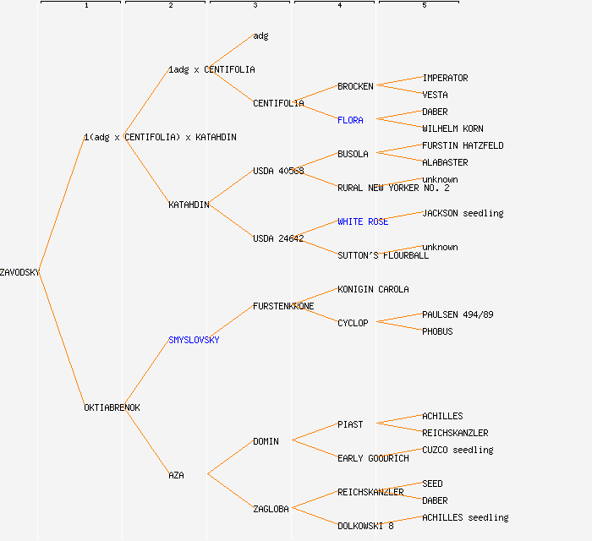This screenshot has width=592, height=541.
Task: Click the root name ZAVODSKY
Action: tap(19, 272)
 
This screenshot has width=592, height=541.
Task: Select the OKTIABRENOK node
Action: tap(112, 407)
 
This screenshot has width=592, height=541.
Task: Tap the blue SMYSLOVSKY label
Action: tap(194, 340)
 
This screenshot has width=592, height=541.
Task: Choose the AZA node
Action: tap(176, 475)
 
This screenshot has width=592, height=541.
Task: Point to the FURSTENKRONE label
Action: tap(283, 306)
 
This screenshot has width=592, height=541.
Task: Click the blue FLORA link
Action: tap(350, 120)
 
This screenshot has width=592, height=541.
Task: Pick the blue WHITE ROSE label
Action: tap(363, 221)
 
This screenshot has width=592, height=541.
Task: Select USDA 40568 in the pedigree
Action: tap(278, 171)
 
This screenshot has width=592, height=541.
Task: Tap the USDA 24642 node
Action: tap(278, 238)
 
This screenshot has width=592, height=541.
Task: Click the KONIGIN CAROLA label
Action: tap(373, 289)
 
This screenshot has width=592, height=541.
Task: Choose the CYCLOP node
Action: tap(353, 323)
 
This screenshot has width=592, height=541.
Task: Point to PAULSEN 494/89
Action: tap(458, 314)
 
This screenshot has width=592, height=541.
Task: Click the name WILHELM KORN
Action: tap(452, 128)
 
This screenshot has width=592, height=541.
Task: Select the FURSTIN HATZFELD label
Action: tap(463, 145)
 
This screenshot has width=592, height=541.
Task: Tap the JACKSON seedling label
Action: tap(463, 213)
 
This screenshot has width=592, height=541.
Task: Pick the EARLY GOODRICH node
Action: tap(373, 458)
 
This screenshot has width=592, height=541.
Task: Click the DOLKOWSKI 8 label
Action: tap(365, 526)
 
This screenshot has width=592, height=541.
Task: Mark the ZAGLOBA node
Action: tap(271, 509)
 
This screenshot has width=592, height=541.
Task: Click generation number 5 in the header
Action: tap(425, 6)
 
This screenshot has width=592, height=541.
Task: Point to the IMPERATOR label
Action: tap(445, 78)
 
